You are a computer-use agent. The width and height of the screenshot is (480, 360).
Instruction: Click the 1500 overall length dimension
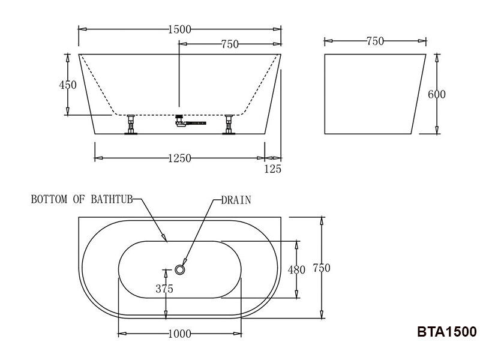point(180,29)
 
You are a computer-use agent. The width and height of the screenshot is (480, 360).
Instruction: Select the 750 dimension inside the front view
point(230,44)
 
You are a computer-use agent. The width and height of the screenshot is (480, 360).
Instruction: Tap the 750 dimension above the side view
point(374,41)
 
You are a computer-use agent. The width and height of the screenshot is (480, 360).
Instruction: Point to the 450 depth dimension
point(68,85)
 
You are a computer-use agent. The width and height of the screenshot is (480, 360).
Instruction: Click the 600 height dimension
point(437,94)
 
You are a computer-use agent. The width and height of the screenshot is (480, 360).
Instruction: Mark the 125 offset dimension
point(272,169)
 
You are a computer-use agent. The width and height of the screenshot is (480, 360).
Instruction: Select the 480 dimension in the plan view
point(296,269)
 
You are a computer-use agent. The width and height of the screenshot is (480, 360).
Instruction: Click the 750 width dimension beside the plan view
point(322,268)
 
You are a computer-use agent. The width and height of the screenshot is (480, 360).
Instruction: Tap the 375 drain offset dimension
point(164,289)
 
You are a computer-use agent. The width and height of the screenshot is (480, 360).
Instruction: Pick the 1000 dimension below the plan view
point(180,334)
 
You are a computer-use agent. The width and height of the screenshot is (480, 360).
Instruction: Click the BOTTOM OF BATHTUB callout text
point(82,199)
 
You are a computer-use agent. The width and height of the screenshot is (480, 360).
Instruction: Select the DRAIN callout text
point(236,200)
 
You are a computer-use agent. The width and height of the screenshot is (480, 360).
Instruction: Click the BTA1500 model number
point(446,332)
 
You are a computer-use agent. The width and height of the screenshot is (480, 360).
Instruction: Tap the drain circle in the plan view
point(180,269)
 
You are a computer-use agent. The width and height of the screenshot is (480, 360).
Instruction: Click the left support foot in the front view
point(130,125)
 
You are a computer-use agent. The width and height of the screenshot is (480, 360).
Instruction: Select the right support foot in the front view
point(229,125)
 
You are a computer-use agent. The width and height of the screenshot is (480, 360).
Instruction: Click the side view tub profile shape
point(372,94)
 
